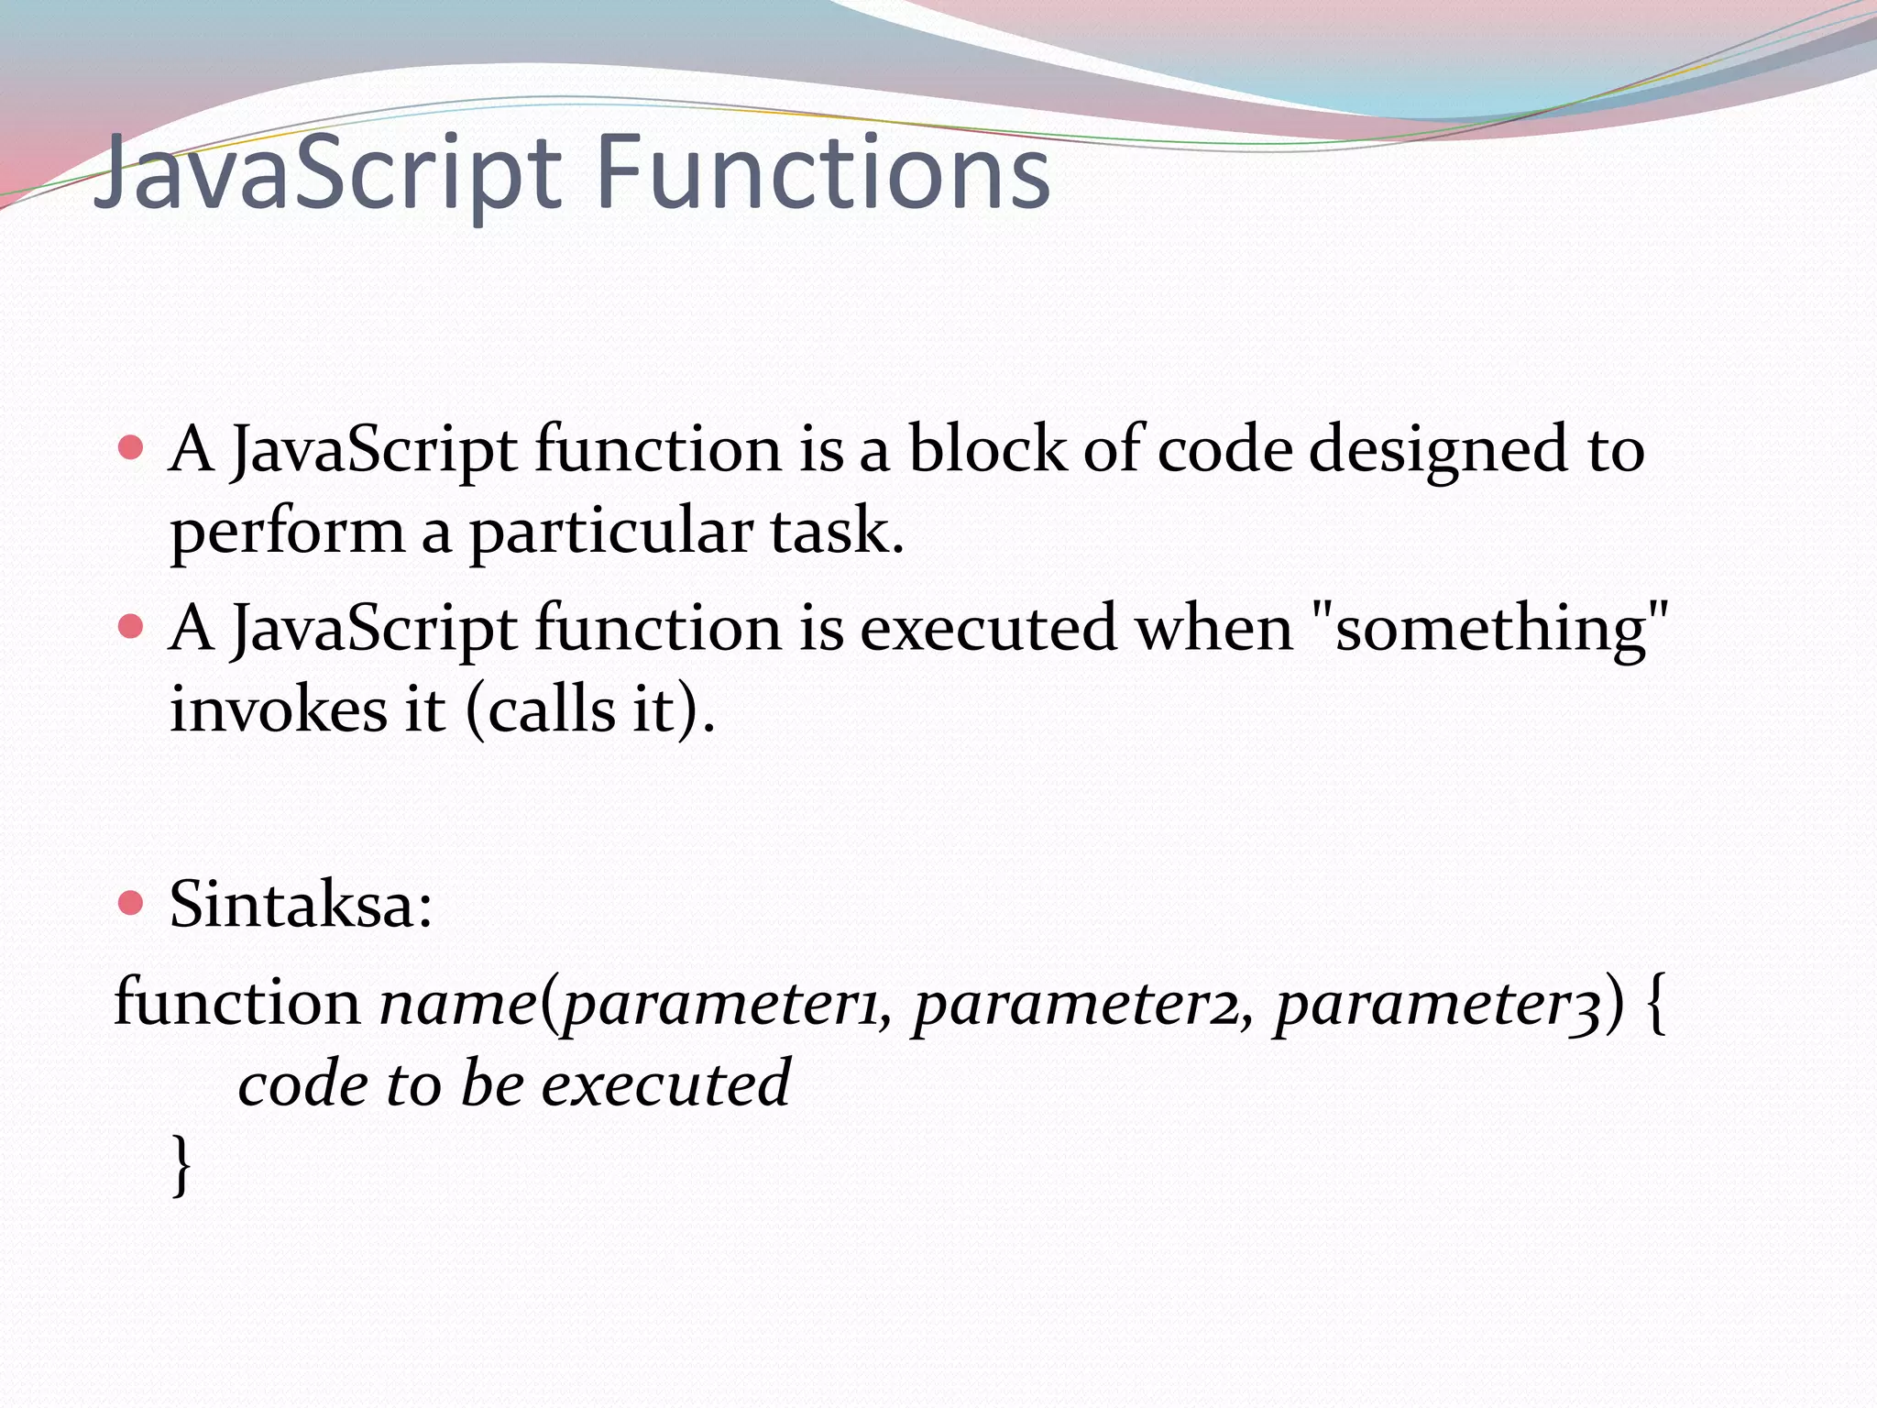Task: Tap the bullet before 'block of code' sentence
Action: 132,447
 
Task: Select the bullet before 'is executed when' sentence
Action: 132,627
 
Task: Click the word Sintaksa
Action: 300,904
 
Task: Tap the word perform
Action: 286,533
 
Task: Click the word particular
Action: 610,533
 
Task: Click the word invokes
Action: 279,709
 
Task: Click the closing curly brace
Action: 181,1164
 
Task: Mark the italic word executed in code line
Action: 665,1083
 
